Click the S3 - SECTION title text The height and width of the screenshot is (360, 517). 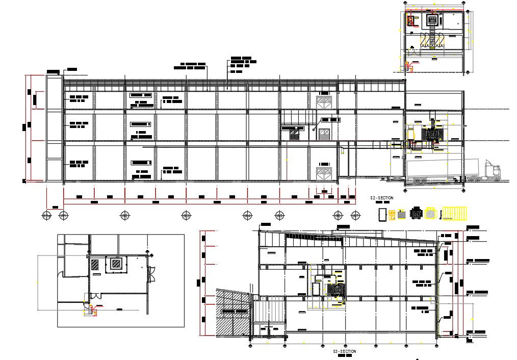345,351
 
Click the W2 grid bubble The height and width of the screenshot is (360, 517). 63,216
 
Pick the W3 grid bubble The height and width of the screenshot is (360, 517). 124,216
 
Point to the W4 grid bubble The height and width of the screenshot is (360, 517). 186,216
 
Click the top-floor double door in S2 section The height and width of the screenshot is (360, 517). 324,102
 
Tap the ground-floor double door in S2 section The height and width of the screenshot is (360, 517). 324,172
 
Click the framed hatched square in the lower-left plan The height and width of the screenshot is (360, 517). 116,264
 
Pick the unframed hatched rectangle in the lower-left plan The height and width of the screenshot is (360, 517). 95,265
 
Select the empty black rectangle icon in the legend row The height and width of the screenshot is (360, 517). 382,214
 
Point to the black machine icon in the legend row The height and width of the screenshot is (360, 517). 417,214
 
